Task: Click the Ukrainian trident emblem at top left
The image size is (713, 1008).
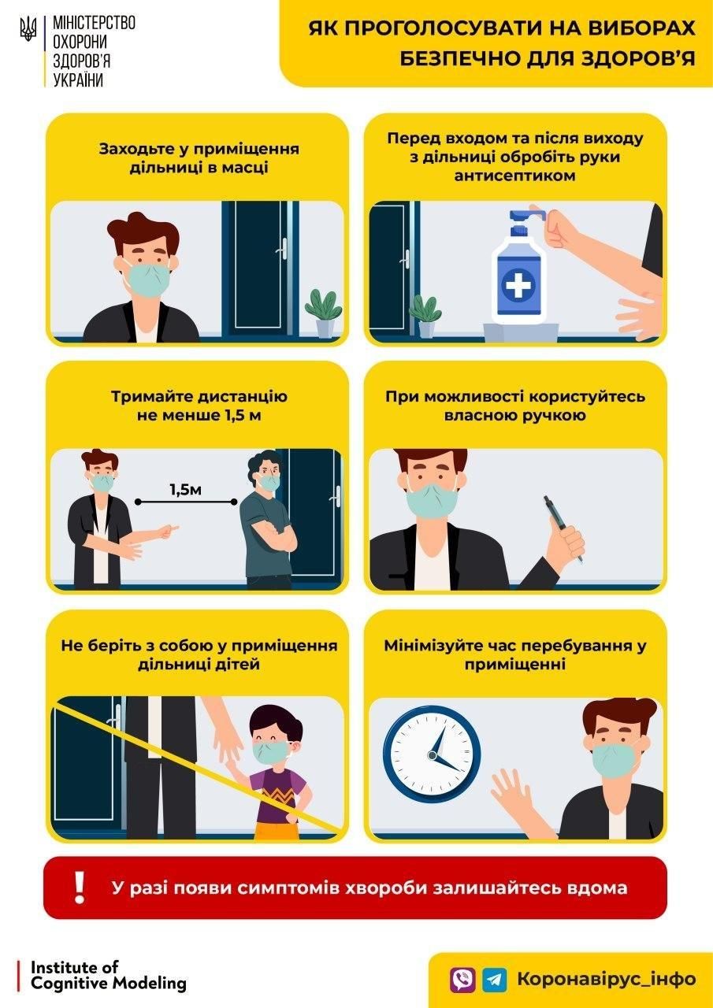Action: click(x=28, y=30)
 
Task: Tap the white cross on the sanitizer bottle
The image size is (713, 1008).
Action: click(x=518, y=284)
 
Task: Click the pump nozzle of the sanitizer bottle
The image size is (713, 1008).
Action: click(x=522, y=213)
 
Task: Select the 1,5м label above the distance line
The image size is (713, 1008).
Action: click(x=186, y=490)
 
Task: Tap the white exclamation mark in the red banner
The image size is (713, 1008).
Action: click(x=79, y=888)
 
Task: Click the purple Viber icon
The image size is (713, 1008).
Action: click(x=462, y=979)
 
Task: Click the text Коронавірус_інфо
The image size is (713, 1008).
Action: click(x=606, y=979)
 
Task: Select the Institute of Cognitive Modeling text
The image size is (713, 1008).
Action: click(x=109, y=975)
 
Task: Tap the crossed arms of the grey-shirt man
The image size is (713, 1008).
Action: click(x=275, y=537)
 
